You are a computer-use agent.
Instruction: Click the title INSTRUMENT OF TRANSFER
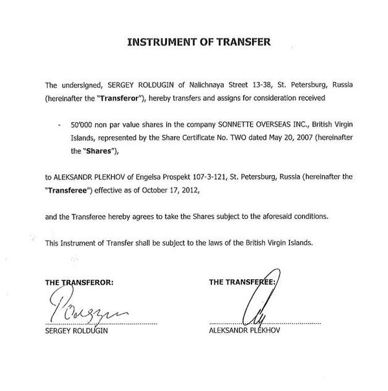click(199, 44)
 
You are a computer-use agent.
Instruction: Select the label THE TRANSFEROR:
click(79, 282)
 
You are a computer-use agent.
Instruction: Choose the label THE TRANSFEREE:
click(242, 282)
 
